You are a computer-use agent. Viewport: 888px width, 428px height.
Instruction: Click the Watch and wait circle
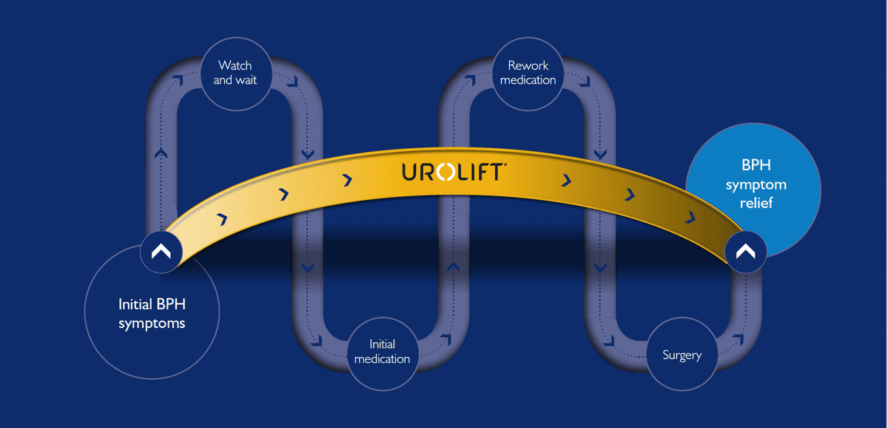click(235, 73)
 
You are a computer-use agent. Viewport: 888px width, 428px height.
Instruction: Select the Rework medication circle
click(528, 73)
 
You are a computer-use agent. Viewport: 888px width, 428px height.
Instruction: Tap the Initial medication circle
click(382, 352)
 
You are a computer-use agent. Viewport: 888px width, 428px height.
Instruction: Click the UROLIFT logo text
click(454, 173)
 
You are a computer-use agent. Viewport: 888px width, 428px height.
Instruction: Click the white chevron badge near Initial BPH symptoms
click(161, 253)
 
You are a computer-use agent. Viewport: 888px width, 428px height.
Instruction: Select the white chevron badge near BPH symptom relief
click(745, 253)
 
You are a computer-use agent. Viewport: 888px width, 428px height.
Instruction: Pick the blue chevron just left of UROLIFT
click(348, 180)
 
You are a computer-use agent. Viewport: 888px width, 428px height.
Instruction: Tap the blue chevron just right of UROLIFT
click(566, 180)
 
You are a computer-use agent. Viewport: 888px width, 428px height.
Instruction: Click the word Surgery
click(682, 355)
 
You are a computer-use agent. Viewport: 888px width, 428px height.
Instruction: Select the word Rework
click(528, 66)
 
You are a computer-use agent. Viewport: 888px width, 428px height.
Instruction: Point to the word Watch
click(235, 66)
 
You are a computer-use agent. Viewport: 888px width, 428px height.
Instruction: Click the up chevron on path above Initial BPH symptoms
click(161, 154)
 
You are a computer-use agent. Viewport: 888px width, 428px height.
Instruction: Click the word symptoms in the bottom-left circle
click(152, 324)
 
